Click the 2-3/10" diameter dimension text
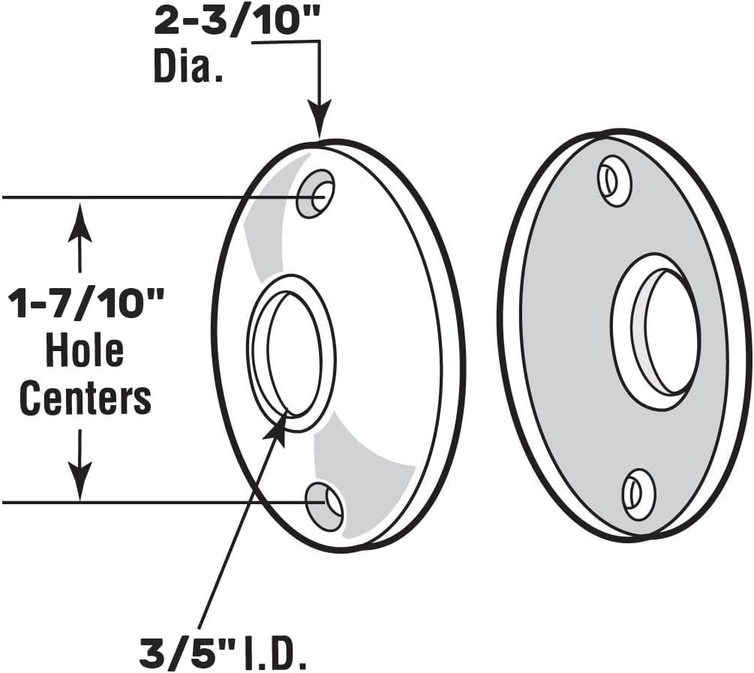(238, 21)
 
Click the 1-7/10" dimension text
(86, 303)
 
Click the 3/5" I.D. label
(223, 653)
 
